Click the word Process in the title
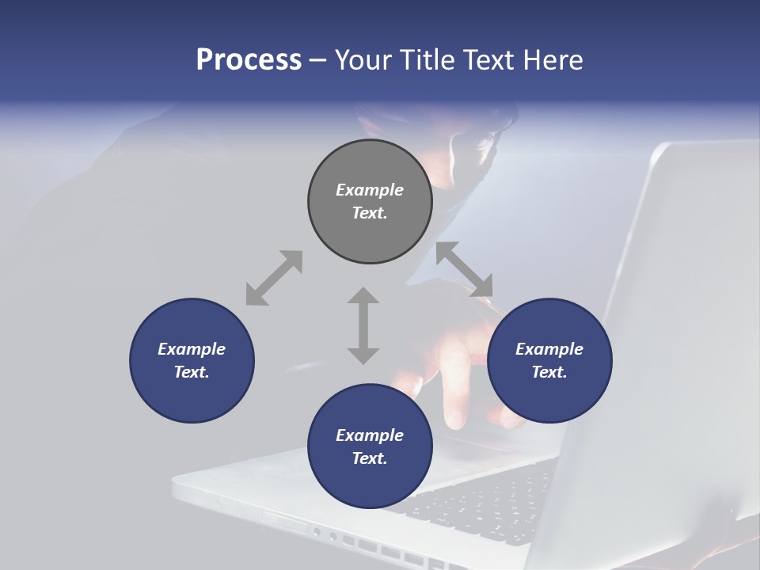[x=249, y=60]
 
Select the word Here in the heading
[x=553, y=60]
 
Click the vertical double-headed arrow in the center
[x=363, y=325]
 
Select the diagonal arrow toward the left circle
[x=274, y=278]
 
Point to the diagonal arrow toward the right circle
[x=465, y=269]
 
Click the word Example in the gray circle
[x=370, y=190]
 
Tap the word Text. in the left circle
[x=192, y=372]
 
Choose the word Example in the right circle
[x=549, y=349]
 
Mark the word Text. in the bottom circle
[x=370, y=458]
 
